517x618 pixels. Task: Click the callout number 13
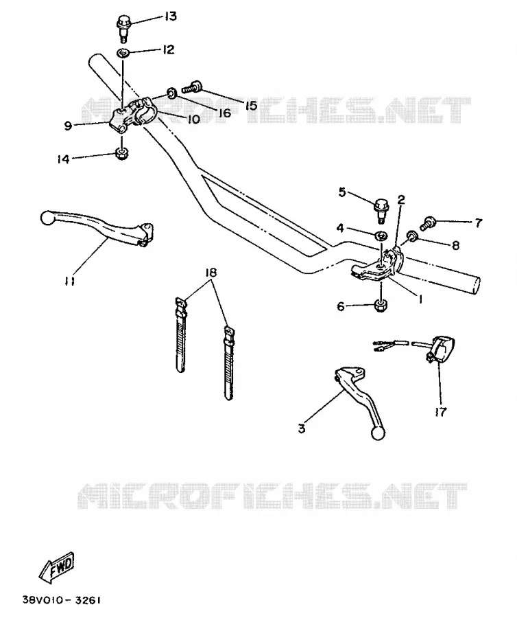(x=170, y=16)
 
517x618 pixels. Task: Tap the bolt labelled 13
(x=123, y=27)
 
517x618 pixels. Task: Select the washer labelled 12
(x=123, y=52)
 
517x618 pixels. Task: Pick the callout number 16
(x=225, y=113)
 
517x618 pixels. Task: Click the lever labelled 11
(x=97, y=229)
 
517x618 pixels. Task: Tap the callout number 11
(x=70, y=281)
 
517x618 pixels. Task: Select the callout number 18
(x=211, y=273)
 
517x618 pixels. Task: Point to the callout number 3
(x=302, y=428)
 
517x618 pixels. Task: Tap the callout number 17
(x=441, y=411)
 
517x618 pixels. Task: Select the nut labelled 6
(x=380, y=306)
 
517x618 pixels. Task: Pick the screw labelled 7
(x=428, y=223)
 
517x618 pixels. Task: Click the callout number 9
(x=68, y=126)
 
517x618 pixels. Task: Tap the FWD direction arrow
(x=56, y=568)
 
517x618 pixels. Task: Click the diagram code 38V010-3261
(x=62, y=600)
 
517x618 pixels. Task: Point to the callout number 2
(x=401, y=199)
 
